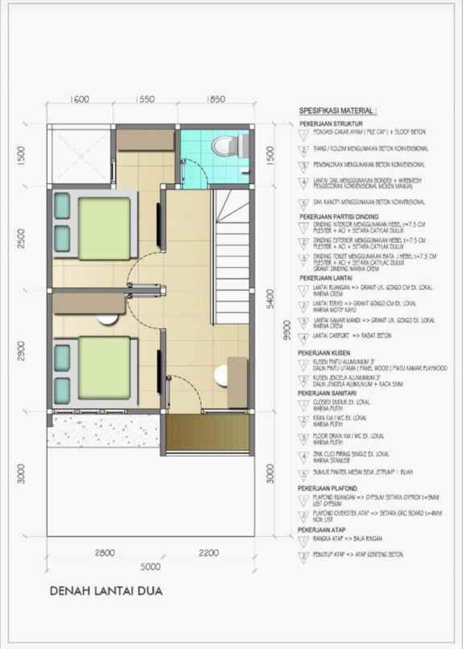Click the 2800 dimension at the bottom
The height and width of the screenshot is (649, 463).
(103, 553)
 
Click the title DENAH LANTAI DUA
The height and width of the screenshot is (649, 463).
(106, 591)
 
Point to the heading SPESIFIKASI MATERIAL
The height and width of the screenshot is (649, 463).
(338, 111)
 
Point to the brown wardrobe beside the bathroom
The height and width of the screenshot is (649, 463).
(146, 140)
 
